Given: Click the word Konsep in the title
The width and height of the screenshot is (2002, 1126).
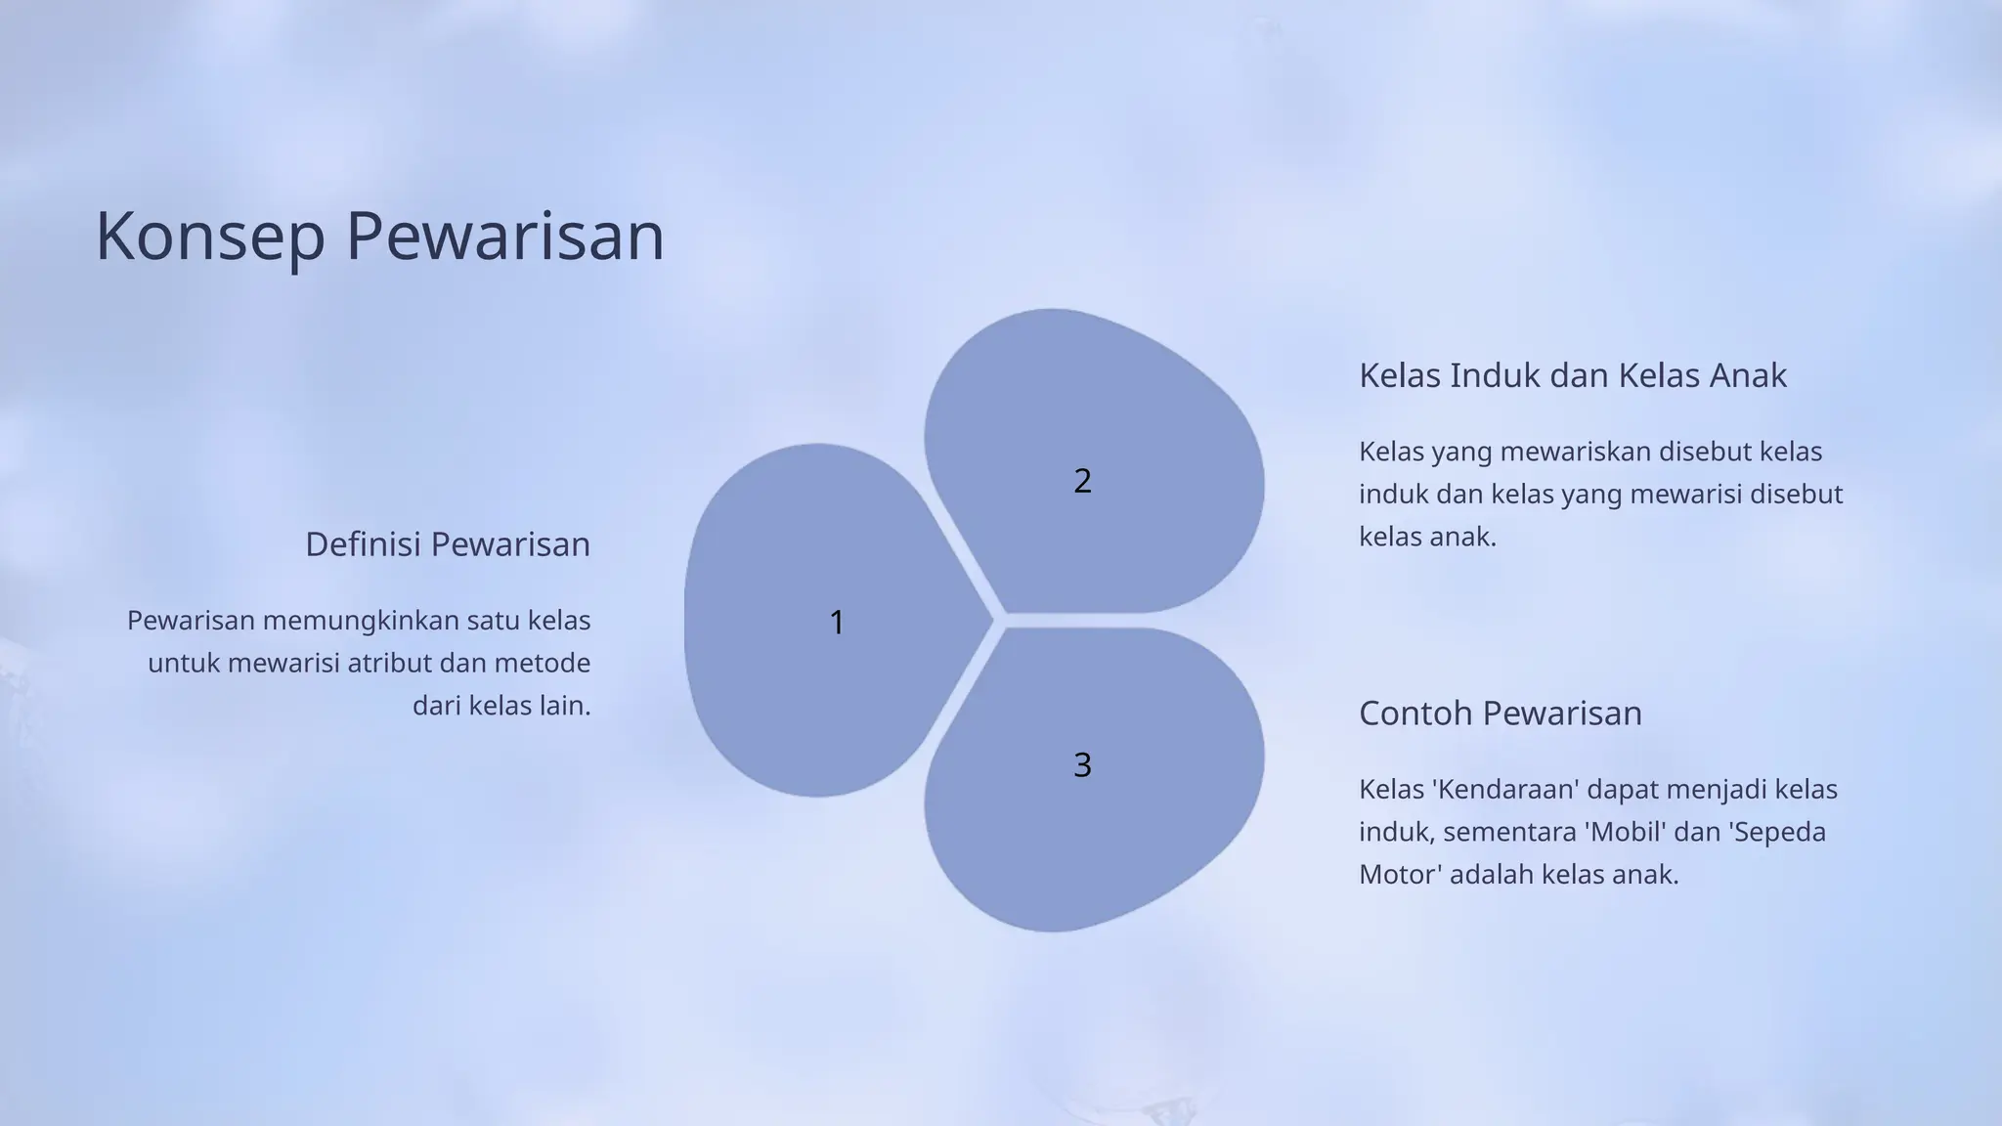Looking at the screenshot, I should click(x=209, y=237).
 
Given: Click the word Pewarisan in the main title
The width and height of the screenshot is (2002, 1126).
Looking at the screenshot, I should click(x=504, y=237).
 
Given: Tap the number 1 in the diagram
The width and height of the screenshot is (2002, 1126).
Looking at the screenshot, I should click(x=837, y=623).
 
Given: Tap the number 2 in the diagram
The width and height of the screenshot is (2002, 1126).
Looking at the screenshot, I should click(x=1082, y=481).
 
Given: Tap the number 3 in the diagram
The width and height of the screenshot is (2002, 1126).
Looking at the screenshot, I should click(x=1082, y=765).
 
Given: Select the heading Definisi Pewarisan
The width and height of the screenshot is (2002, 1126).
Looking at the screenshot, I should click(x=447, y=544).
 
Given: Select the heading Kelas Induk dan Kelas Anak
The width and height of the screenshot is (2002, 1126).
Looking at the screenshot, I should click(x=1572, y=375).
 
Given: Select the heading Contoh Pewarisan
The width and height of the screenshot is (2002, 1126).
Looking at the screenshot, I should click(x=1500, y=714).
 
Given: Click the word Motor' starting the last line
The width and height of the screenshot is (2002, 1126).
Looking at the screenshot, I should click(x=1401, y=875).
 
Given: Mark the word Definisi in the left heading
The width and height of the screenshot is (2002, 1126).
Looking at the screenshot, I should click(x=364, y=544).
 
